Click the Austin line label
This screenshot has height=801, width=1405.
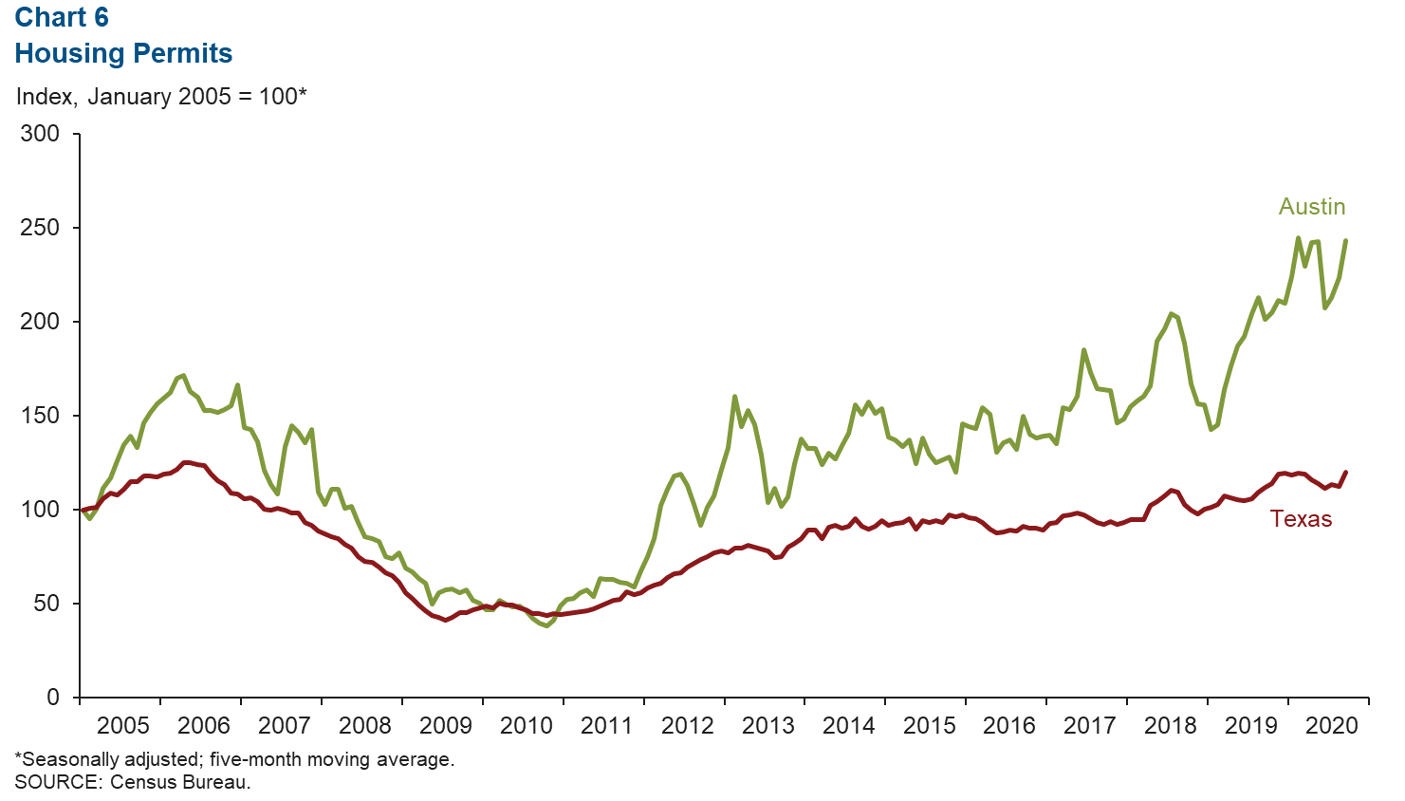[x=1311, y=207]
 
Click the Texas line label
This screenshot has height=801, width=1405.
[x=1301, y=519]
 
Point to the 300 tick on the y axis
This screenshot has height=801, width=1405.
[x=40, y=134]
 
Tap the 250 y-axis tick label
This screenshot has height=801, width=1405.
[x=40, y=228]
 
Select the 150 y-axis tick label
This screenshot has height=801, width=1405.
[x=40, y=416]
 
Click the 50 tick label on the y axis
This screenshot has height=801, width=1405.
[x=46, y=604]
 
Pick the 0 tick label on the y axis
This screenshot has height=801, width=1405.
[x=53, y=698]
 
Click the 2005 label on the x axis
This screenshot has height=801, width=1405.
[x=123, y=726]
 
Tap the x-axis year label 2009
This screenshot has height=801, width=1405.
[x=445, y=726]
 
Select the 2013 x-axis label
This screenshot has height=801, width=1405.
[x=767, y=726]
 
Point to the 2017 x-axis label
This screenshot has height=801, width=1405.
[x=1089, y=726]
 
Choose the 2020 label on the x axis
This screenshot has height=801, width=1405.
[x=1331, y=726]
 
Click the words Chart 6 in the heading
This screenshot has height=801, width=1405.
[x=62, y=17]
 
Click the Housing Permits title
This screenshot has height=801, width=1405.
[x=123, y=53]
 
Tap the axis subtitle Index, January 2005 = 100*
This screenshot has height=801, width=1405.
[x=161, y=97]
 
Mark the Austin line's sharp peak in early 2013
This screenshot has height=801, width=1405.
[x=734, y=397]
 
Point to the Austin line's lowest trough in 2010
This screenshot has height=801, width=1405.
[x=546, y=625]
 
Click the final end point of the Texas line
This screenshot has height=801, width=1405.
[x=1345, y=473]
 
